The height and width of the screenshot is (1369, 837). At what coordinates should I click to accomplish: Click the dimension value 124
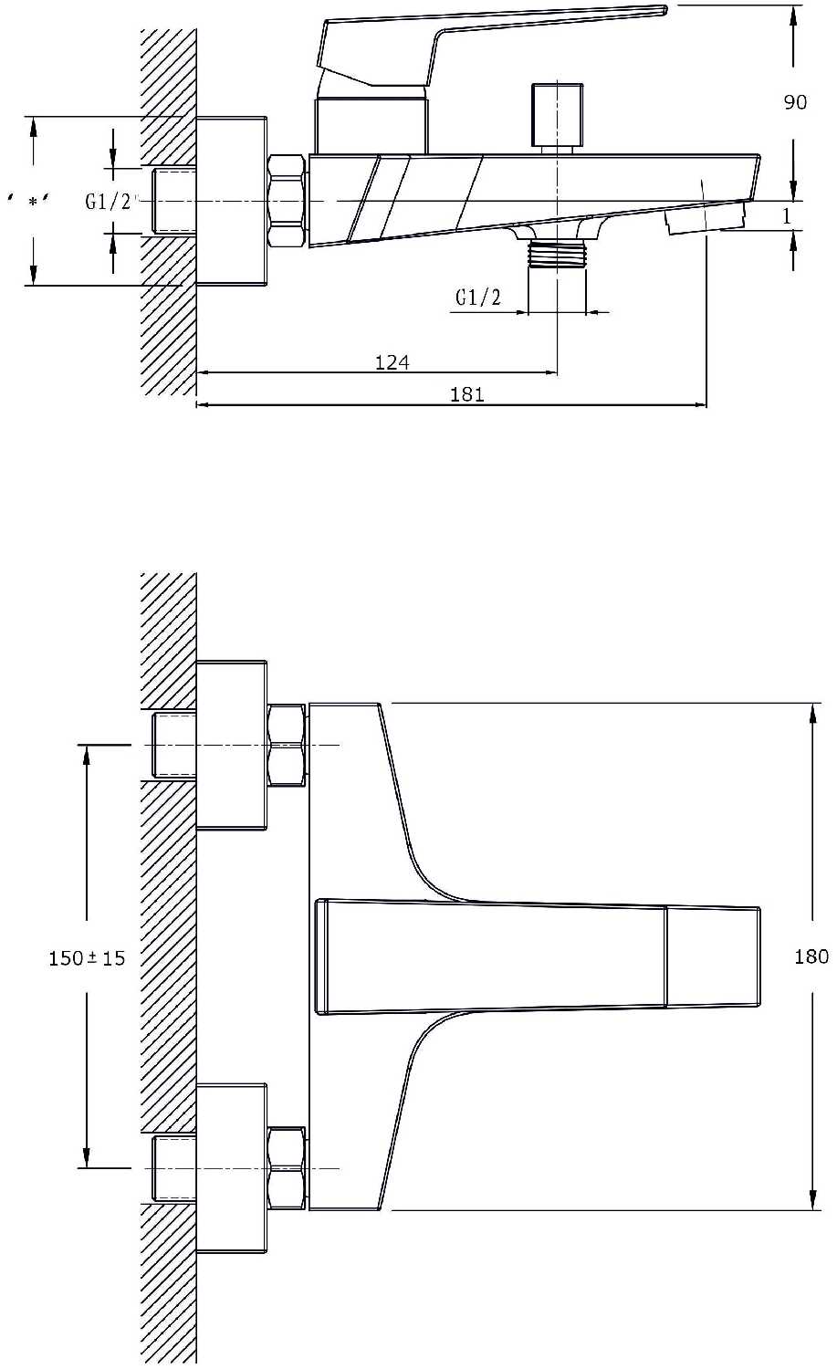click(x=392, y=362)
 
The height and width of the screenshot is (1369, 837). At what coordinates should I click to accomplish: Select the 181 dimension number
click(x=467, y=394)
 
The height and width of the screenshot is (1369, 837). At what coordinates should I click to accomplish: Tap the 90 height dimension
click(x=795, y=102)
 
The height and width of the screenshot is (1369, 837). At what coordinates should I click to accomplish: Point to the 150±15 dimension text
click(x=87, y=957)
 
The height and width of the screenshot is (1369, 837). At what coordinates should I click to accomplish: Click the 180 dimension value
click(x=811, y=956)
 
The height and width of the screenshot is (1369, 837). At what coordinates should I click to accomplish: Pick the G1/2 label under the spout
click(x=478, y=298)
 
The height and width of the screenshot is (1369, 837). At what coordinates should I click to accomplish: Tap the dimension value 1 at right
click(x=787, y=215)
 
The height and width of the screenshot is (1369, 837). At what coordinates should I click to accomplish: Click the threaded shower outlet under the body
click(x=557, y=255)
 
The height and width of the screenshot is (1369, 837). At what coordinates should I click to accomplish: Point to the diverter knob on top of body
click(x=557, y=117)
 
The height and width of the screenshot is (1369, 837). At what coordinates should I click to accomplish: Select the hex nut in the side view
click(x=287, y=201)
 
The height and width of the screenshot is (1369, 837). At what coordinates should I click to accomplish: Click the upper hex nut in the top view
click(x=287, y=745)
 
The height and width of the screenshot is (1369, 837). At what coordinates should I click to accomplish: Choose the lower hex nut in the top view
click(x=287, y=1168)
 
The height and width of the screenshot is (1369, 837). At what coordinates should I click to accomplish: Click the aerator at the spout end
click(x=706, y=220)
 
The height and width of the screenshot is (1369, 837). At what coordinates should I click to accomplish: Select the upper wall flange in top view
click(x=232, y=745)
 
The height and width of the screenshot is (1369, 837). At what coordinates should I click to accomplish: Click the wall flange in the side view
click(x=232, y=201)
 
